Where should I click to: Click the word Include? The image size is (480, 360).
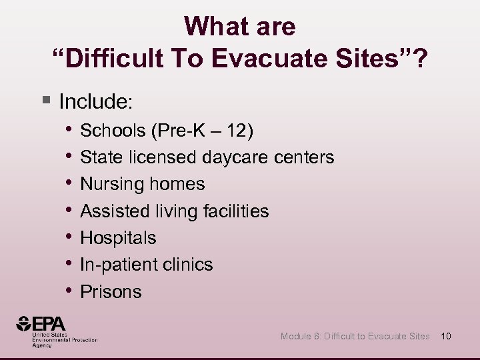[96, 102]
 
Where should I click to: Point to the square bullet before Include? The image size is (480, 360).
[45, 101]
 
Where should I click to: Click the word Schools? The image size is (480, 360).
[113, 131]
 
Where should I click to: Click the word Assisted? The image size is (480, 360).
[115, 211]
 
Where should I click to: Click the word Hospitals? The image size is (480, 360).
[118, 238]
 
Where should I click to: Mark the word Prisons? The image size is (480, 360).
[111, 291]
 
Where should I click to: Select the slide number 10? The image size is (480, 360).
[446, 336]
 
